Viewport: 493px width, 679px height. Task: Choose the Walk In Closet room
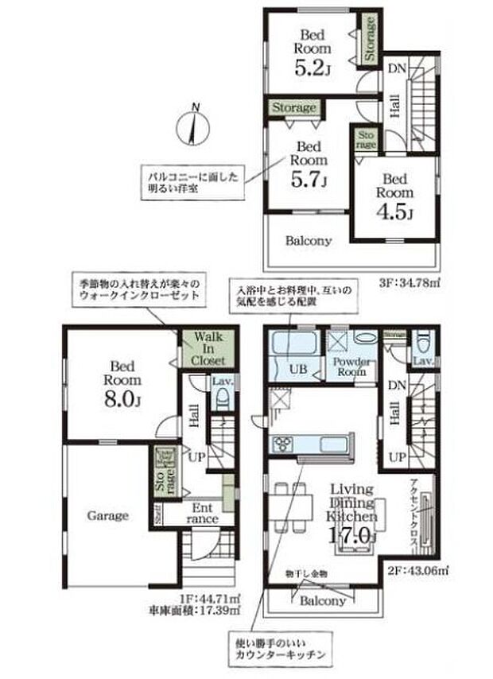[x=205, y=347]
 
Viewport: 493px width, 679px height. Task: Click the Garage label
[x=107, y=515]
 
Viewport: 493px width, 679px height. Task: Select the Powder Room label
[x=347, y=367]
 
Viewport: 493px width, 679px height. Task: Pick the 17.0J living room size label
[x=350, y=535]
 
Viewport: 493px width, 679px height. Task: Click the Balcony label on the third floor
[x=309, y=239]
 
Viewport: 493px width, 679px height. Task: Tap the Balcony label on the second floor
[x=322, y=601]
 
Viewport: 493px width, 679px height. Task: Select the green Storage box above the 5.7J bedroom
[x=294, y=107]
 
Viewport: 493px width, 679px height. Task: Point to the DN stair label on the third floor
[x=397, y=68]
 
